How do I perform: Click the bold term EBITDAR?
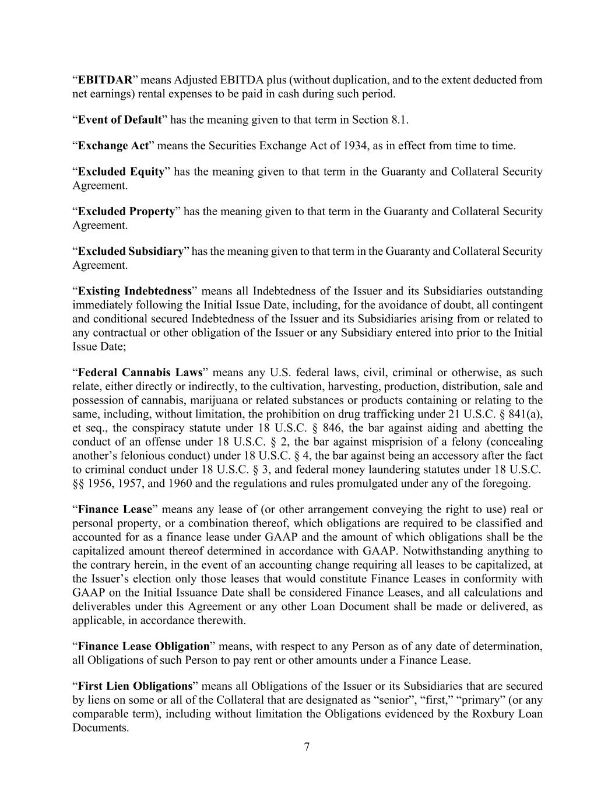[106, 80]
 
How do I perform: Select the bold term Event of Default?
[120, 120]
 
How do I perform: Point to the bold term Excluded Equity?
[121, 171]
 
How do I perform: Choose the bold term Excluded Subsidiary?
[131, 251]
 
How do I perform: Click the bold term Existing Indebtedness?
[135, 291]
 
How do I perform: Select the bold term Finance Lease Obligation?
[143, 646]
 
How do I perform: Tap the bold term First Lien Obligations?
[135, 686]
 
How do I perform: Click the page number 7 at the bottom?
[307, 748]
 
